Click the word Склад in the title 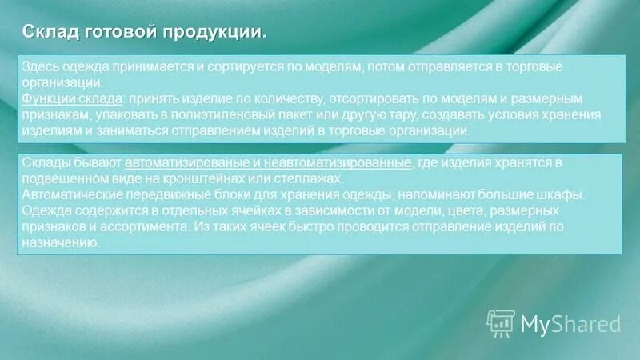click(46, 33)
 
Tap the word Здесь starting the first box click(40, 68)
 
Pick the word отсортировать click(374, 98)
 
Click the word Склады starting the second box click(43, 163)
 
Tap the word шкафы click(566, 194)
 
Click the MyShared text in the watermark click(570, 324)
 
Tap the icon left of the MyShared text click(501, 322)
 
